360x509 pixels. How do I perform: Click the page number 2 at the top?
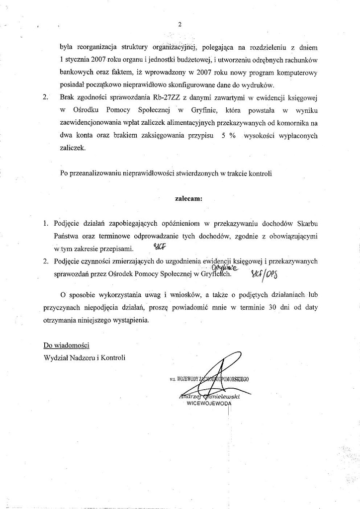tap(180, 24)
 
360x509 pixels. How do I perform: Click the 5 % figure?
tap(222, 135)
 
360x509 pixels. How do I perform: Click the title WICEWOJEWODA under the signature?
tap(209, 404)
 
